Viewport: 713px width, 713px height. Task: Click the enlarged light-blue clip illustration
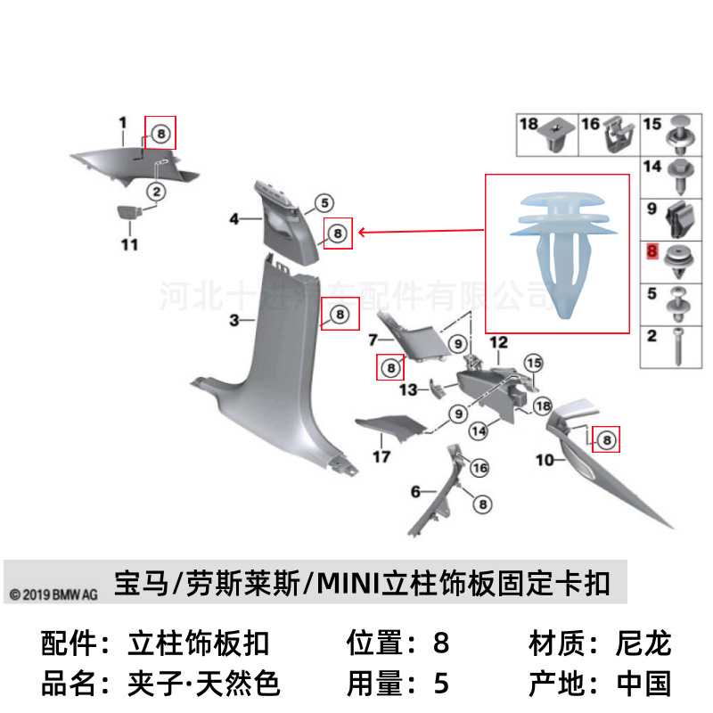click(558, 252)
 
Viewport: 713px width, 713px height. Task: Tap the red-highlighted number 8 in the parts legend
click(652, 252)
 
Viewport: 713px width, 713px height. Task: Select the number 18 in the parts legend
click(529, 124)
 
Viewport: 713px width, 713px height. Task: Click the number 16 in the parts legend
click(590, 124)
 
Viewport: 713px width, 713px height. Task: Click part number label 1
click(124, 121)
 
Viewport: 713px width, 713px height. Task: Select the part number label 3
click(233, 319)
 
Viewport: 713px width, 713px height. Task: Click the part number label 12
click(498, 341)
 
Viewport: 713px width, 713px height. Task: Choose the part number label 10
click(545, 460)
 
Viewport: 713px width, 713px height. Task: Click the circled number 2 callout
click(154, 190)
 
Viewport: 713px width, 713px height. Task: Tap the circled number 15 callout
click(533, 363)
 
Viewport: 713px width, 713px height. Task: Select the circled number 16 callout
click(479, 467)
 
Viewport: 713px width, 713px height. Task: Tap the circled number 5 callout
click(321, 203)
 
